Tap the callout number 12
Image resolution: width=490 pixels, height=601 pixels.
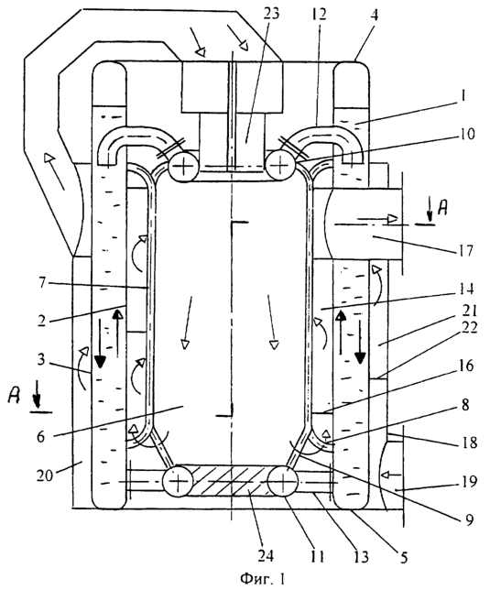[319, 14]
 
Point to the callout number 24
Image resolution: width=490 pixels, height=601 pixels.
[266, 555]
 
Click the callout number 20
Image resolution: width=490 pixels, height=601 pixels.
[46, 475]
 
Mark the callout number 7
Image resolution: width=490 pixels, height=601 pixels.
[42, 284]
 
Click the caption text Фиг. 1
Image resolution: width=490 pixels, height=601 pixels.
[263, 579]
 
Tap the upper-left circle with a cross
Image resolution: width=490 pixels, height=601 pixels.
[183, 167]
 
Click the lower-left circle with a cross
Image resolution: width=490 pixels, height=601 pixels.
[178, 482]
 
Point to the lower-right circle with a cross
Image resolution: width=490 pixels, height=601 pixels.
[283, 481]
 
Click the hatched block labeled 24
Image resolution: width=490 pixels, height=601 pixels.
[230, 480]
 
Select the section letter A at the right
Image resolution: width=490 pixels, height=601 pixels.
[442, 209]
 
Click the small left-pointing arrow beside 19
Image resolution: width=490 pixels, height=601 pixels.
[391, 475]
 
